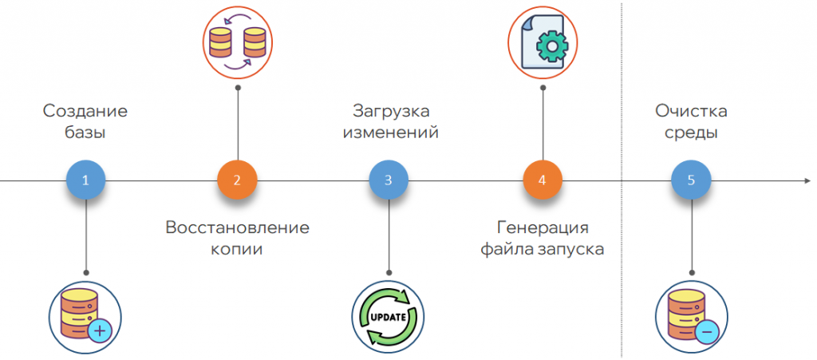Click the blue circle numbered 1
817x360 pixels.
85,180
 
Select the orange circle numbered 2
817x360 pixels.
237,180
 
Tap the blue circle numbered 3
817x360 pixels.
389,180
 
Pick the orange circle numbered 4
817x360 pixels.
543,180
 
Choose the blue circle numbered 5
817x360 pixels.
691,180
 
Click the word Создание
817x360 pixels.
85,111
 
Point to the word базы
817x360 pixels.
85,133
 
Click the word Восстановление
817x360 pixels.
237,227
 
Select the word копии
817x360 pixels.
237,249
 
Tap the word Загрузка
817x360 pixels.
391,111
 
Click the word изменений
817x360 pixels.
391,133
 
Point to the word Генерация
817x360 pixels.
543,227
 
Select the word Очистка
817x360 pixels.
691,111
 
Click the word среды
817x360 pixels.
691,133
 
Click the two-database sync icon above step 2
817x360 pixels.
237,43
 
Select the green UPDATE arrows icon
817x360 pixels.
389,315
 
